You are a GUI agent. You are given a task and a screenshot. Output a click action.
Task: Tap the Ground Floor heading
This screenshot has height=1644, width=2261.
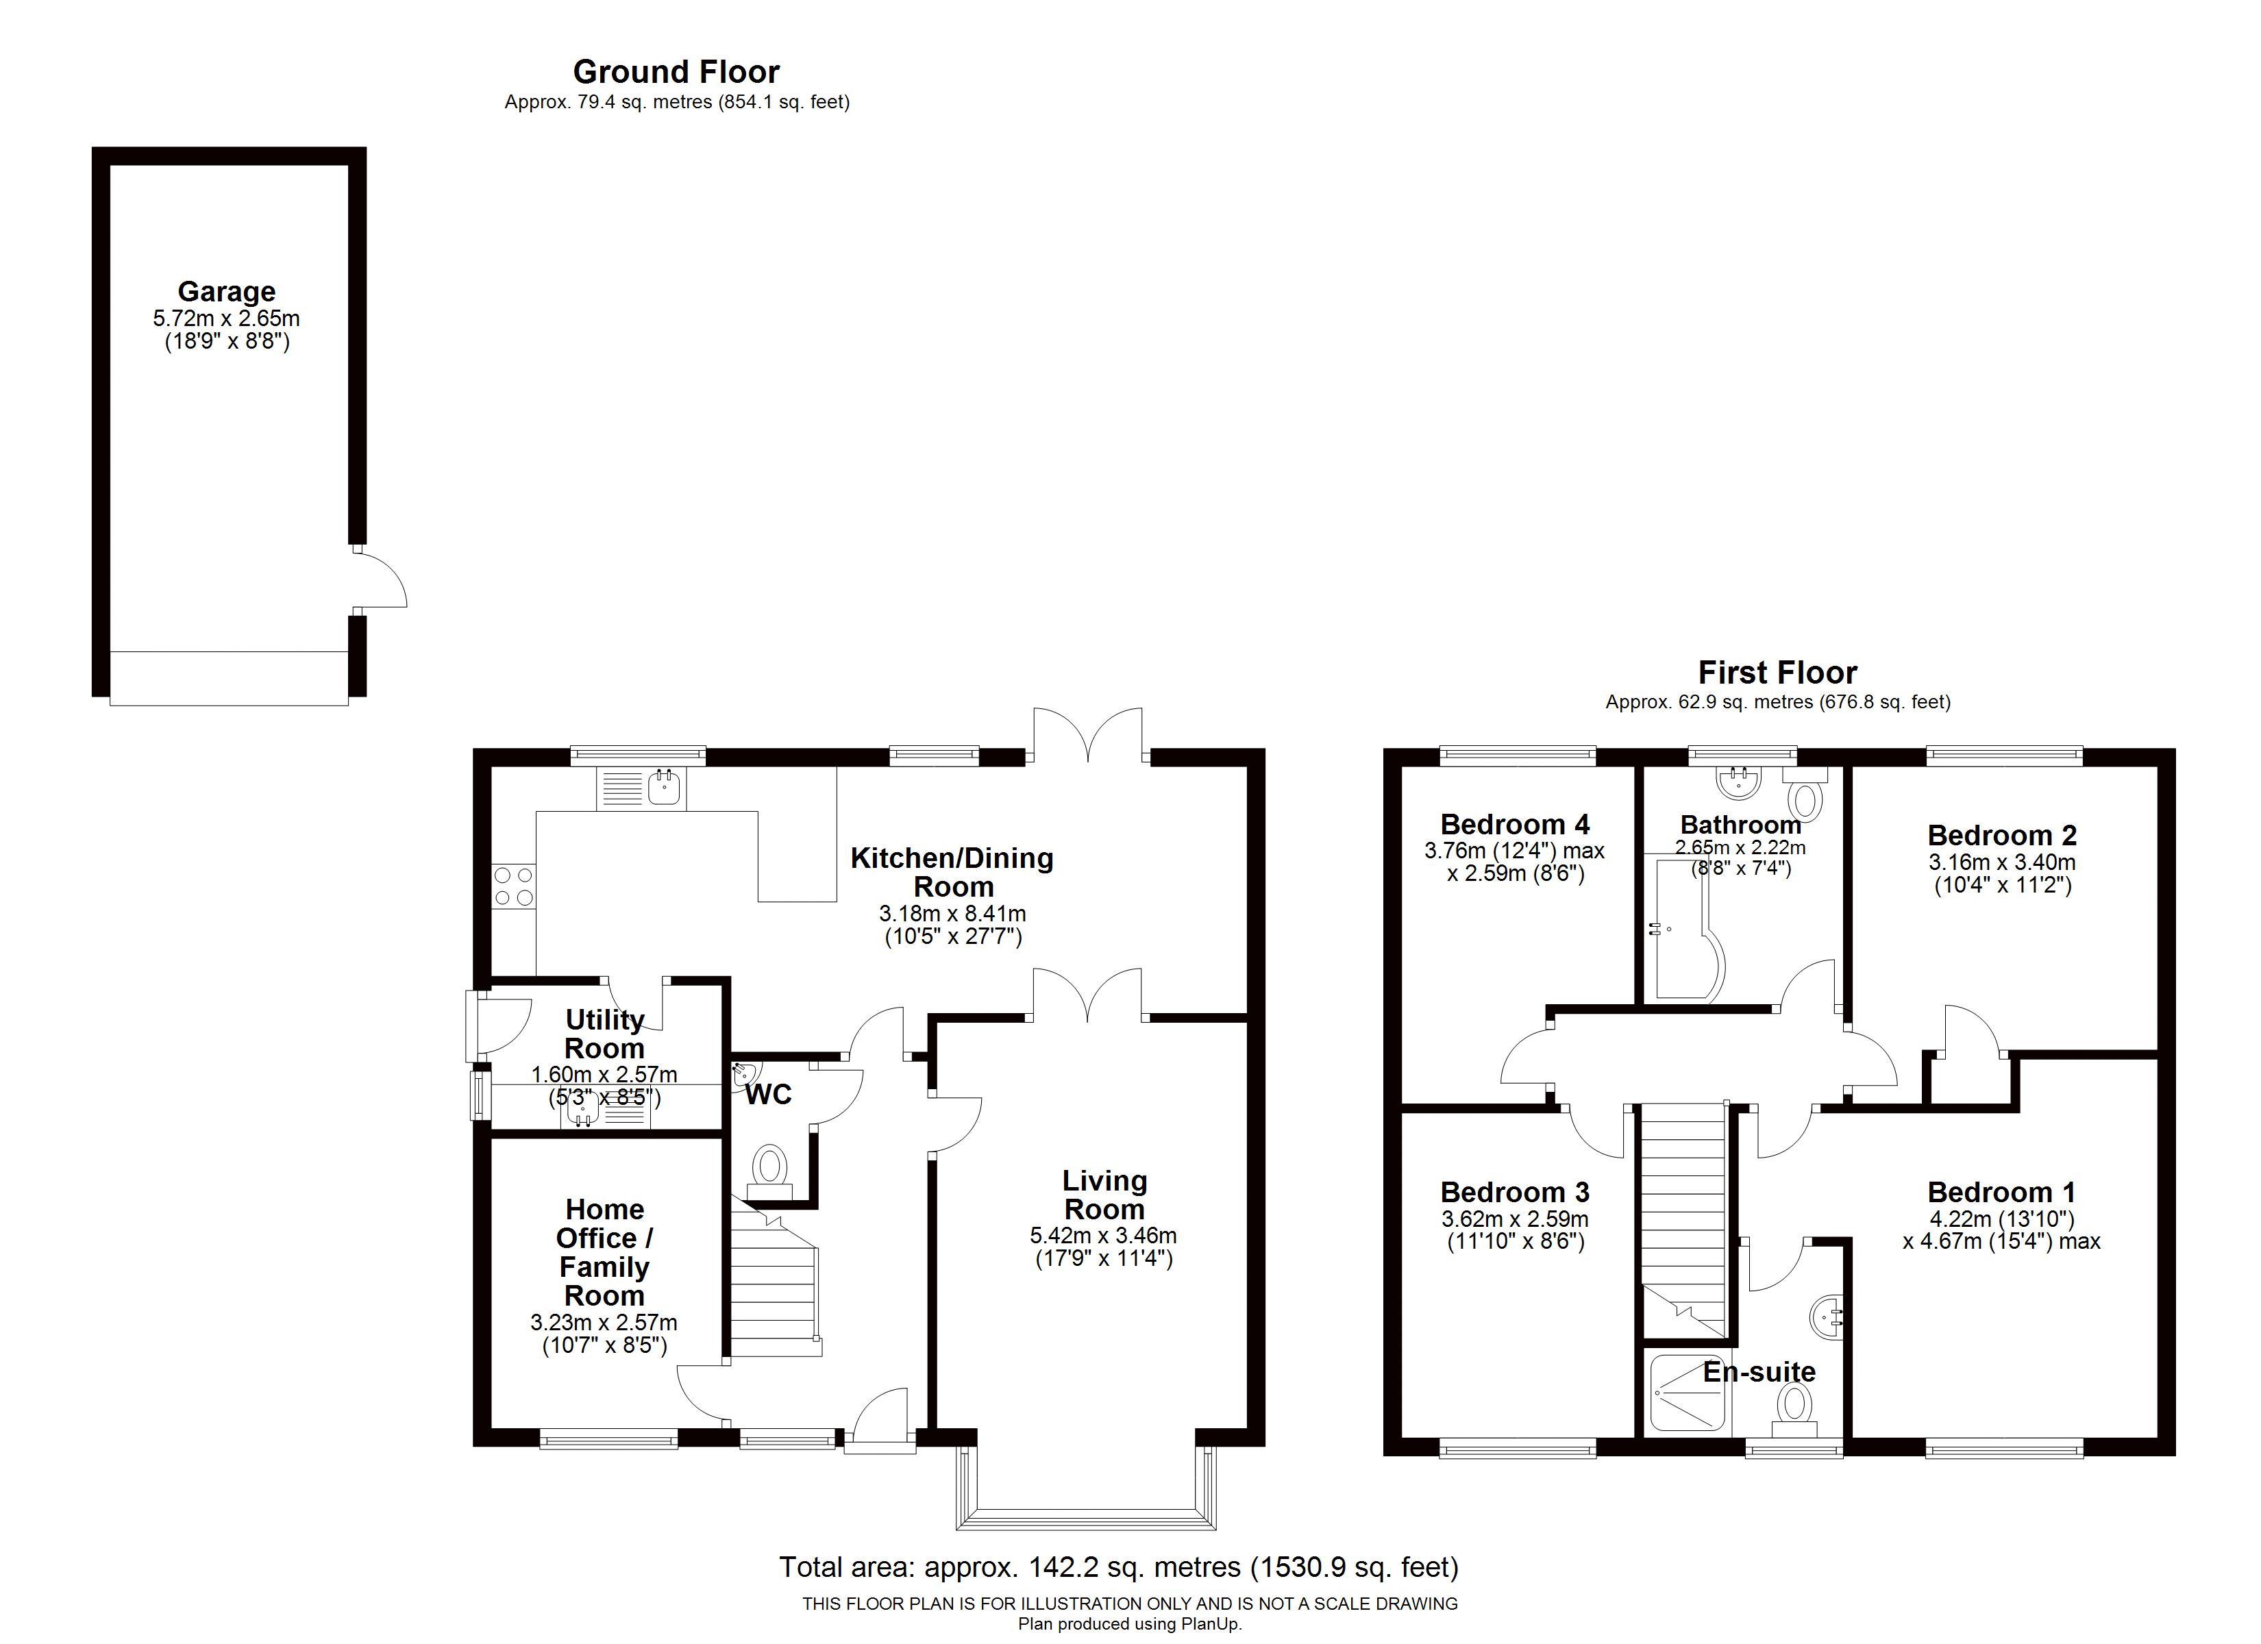click(676, 72)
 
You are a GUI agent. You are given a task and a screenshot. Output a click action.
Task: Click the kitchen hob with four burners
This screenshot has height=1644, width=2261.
click(513, 886)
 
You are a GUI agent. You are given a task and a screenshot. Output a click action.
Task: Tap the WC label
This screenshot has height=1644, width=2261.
click(769, 1095)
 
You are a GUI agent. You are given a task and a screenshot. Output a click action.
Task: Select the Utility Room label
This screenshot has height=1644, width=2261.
click(604, 1034)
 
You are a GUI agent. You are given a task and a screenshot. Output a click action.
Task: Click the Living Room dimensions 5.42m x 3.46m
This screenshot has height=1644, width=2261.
click(1104, 1235)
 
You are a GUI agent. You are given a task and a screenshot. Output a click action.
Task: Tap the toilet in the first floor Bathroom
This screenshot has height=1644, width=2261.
click(1805, 793)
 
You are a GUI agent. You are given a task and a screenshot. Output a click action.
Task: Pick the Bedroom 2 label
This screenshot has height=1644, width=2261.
click(2002, 836)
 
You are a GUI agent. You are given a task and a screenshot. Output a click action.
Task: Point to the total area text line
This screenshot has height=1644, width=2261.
click(1119, 1567)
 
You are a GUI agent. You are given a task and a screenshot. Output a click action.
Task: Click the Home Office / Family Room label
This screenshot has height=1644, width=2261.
click(604, 1252)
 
